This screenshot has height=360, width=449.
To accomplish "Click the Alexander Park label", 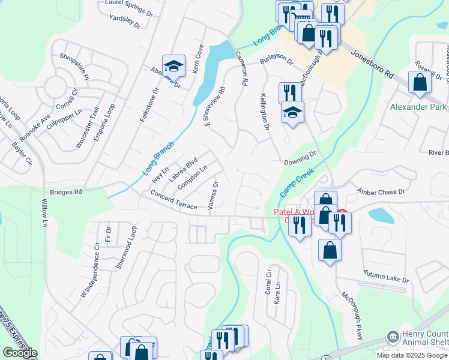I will coord(418,107).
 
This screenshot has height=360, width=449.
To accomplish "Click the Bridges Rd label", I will coord(65,192).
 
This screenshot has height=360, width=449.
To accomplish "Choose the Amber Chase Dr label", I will coord(381,191).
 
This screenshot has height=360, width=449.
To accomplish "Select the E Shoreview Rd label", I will coord(215,107).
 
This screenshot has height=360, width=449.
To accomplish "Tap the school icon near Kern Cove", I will coord(173,66).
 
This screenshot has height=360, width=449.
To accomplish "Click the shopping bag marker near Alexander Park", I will coord(420,82).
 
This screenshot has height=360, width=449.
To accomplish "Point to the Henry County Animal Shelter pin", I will coord(393,337).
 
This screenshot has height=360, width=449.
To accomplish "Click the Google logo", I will coord(20,353).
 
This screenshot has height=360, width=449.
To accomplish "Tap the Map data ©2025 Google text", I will coord(412,355).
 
